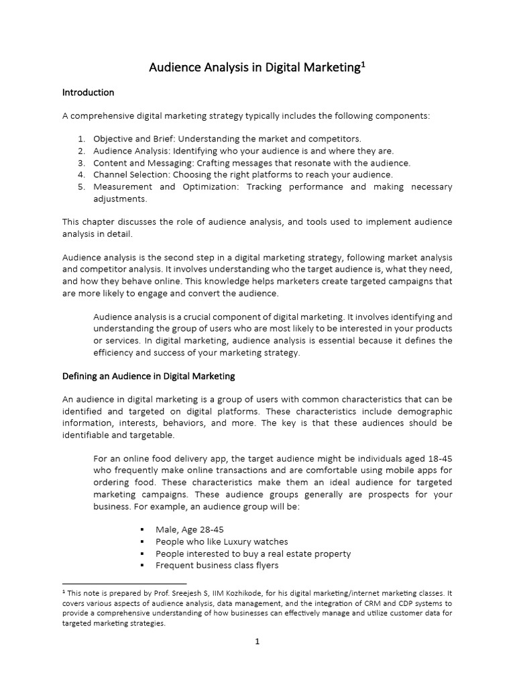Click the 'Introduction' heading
[x=88, y=92]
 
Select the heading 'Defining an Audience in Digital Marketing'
[x=148, y=376]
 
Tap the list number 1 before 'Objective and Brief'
[x=81, y=139]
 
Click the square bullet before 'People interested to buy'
[x=143, y=553]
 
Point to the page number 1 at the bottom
[x=257, y=641]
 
